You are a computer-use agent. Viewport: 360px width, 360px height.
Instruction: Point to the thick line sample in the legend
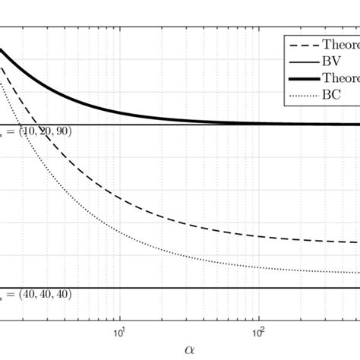(x=296, y=77)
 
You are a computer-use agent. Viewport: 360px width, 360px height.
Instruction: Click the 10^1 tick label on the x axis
(x=119, y=332)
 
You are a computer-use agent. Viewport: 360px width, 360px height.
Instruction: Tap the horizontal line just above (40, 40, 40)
(x=190, y=288)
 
